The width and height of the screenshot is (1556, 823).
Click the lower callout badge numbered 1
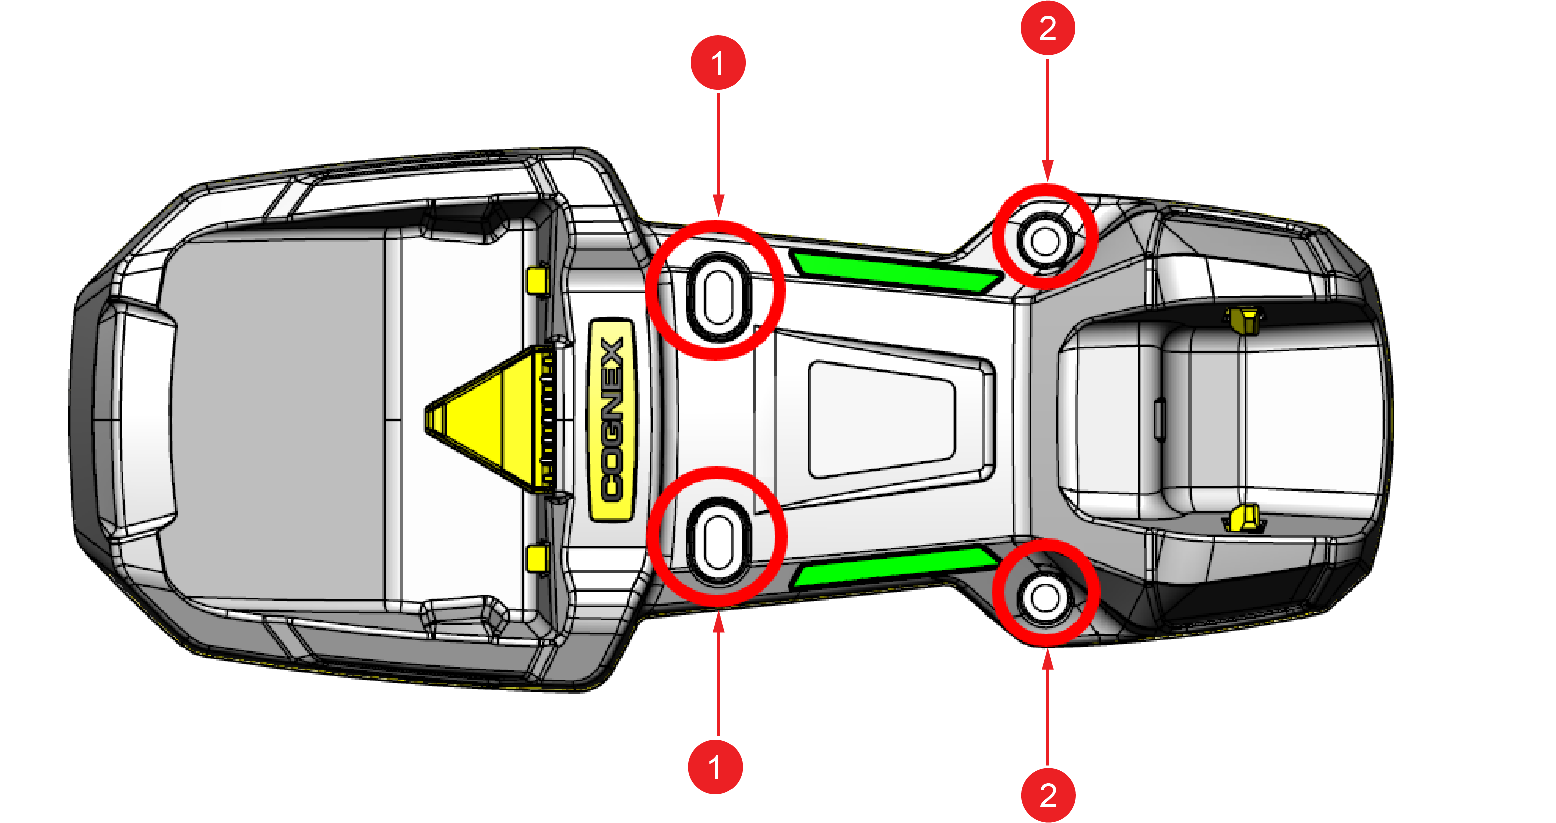tap(715, 767)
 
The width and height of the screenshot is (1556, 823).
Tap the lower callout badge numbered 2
tap(1048, 795)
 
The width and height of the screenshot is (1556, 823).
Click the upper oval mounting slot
tap(718, 297)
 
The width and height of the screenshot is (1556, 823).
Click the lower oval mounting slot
tap(718, 542)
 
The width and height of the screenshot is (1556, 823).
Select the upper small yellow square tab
tap(537, 281)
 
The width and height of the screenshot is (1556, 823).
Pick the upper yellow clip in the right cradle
tap(1244, 320)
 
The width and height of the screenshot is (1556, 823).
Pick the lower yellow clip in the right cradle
tap(1244, 519)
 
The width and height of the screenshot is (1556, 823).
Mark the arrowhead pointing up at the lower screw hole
tap(1047, 659)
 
